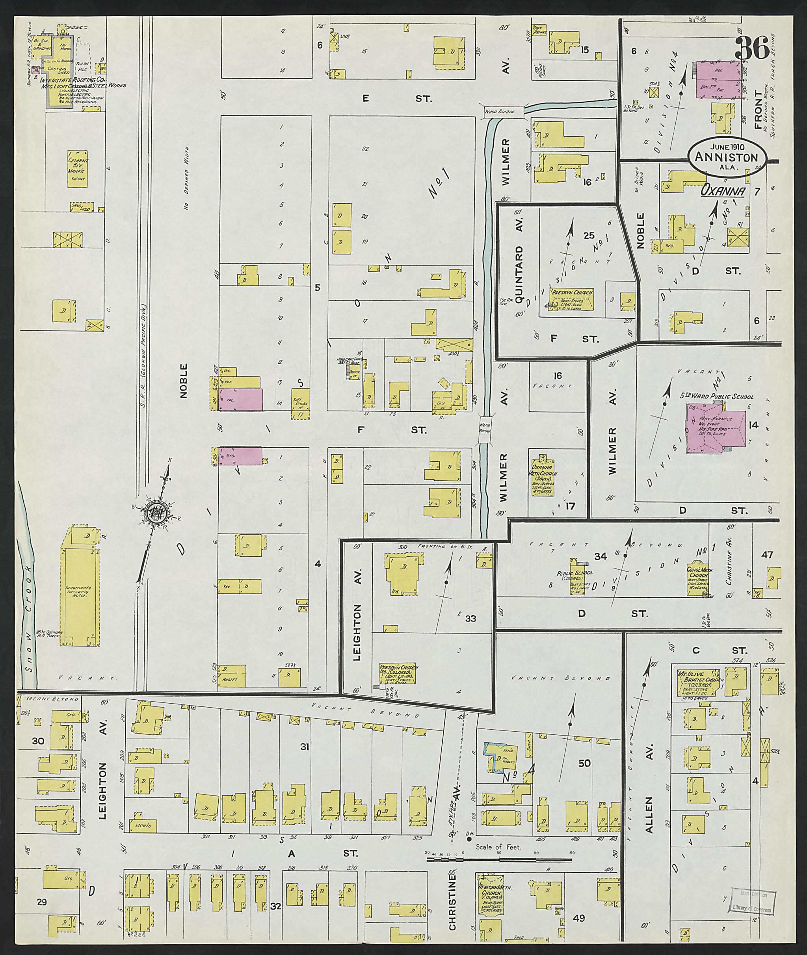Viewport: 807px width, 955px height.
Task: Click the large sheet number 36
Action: (x=752, y=48)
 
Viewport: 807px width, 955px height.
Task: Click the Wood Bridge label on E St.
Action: (x=500, y=111)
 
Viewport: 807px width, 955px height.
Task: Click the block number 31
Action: (x=305, y=747)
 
